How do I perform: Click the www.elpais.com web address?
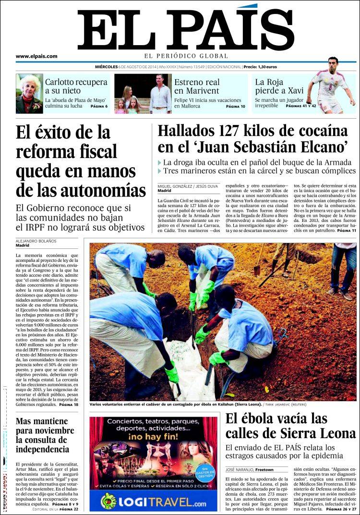pos(36,56)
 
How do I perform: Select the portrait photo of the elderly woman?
pos(29,94)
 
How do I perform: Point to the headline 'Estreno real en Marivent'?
pos(197,86)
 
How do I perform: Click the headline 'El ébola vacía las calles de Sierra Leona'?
pos(291,426)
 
